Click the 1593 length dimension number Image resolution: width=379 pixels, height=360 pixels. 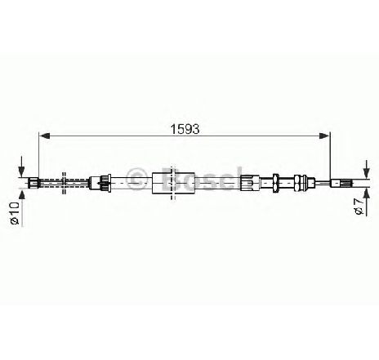click(x=185, y=129)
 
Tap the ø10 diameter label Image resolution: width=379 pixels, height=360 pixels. click(x=14, y=214)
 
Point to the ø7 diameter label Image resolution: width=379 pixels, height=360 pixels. click(x=359, y=207)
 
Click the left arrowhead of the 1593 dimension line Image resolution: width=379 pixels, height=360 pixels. click(x=44, y=136)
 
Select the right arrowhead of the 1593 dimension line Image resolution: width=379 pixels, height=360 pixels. click(x=324, y=136)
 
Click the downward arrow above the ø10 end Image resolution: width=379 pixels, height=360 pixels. click(x=21, y=167)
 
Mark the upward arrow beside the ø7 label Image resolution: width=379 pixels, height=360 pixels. click(x=367, y=202)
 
